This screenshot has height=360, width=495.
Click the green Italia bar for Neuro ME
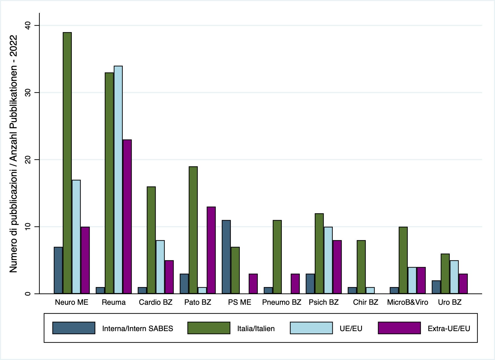click(x=67, y=163)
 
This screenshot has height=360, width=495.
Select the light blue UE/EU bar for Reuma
click(x=118, y=180)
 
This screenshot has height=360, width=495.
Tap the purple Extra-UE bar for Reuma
click(x=127, y=217)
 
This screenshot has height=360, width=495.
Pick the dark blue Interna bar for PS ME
click(x=226, y=257)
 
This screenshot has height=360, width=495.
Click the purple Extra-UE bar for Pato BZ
click(x=211, y=250)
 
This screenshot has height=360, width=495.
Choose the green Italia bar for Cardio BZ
click(x=151, y=240)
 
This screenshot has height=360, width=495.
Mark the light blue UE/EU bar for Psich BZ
click(x=328, y=260)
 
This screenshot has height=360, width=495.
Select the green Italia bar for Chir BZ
click(x=361, y=267)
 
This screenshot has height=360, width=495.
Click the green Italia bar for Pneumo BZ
click(x=277, y=257)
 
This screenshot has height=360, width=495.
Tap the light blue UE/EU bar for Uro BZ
click(x=454, y=277)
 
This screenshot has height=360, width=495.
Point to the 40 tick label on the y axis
click(x=28, y=26)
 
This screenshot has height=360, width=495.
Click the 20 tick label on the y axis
click(x=28, y=160)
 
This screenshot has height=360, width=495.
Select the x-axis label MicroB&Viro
click(x=407, y=302)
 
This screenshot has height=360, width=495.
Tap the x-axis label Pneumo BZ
click(x=282, y=302)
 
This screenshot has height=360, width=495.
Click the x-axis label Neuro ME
click(x=72, y=302)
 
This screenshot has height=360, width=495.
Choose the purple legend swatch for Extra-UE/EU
click(x=399, y=328)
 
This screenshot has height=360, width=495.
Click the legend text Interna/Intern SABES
click(x=138, y=329)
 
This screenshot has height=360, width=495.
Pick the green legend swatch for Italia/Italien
click(x=209, y=328)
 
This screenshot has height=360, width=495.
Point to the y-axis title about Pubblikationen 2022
click(x=13, y=154)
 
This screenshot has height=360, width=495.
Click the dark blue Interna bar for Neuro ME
click(x=58, y=270)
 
